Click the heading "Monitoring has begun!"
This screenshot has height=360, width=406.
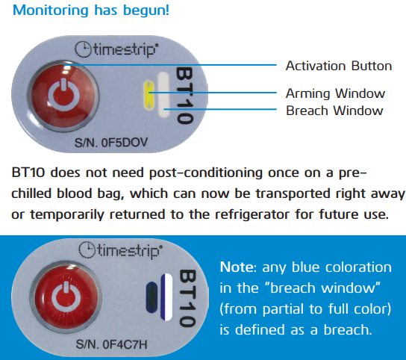91,10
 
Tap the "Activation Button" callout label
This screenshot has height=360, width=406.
339,66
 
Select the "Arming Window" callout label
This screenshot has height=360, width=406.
335,93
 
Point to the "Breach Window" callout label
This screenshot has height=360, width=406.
334,111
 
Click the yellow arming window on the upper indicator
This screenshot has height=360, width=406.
149,95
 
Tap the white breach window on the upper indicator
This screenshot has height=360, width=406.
163,95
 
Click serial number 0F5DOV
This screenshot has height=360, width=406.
111,143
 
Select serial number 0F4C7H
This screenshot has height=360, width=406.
112,344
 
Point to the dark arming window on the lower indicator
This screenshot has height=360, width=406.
152,297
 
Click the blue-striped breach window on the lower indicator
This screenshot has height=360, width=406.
166,297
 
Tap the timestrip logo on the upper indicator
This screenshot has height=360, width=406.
116,49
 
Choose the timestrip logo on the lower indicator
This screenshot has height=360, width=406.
120,250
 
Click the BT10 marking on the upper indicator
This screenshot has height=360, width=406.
184,96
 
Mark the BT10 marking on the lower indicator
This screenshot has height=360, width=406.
187,298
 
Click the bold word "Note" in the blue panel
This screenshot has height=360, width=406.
237,267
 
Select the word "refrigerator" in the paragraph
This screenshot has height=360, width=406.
252,214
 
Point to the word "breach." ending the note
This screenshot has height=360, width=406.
348,329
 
